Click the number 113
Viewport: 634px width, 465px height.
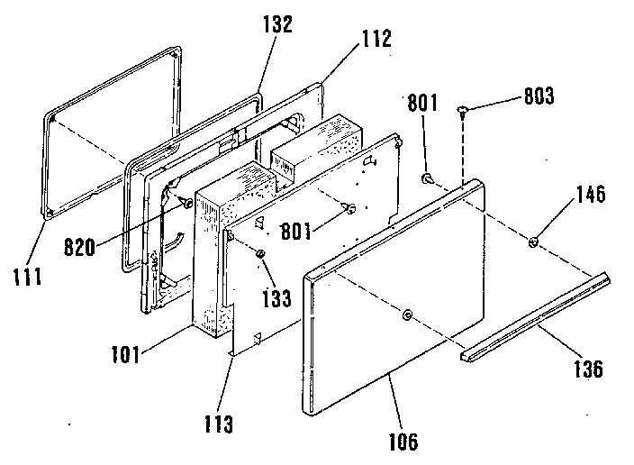coord(220,421)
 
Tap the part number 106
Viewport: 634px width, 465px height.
coord(404,441)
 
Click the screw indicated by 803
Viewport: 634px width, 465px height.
coord(463,111)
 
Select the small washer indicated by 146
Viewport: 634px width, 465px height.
coord(533,241)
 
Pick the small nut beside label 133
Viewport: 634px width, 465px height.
coord(259,256)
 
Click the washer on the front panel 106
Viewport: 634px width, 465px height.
coord(408,315)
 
